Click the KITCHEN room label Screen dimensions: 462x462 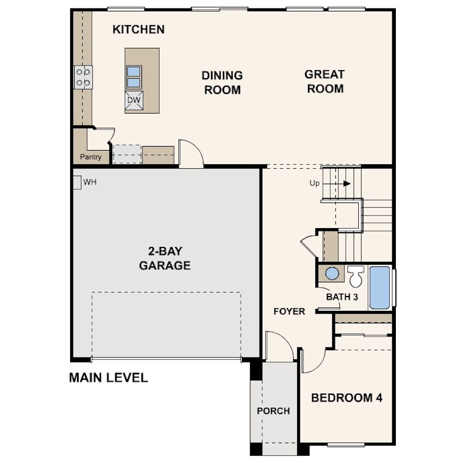tap(138, 29)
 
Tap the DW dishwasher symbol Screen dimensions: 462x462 tap(133, 100)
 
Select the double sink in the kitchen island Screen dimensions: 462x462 tap(133, 77)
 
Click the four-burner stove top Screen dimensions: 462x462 tap(83, 77)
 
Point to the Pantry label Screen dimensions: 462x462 tap(90, 157)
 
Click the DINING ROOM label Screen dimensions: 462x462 tap(222, 83)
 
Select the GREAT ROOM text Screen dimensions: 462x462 tap(324, 82)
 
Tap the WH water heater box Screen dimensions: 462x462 tap(76, 183)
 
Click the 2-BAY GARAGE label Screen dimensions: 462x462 tap(164, 258)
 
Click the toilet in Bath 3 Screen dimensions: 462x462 tap(356, 277)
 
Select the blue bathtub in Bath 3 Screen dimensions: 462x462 tap(379, 287)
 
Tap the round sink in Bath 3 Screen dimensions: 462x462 tap(332, 274)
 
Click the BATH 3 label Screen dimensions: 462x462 tap(342, 297)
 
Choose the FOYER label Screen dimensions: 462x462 tap(289, 311)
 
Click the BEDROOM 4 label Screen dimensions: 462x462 tap(346, 398)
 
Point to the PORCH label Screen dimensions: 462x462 tap(273, 411)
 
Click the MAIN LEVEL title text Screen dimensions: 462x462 tap(108, 378)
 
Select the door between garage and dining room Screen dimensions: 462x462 tap(191, 154)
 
